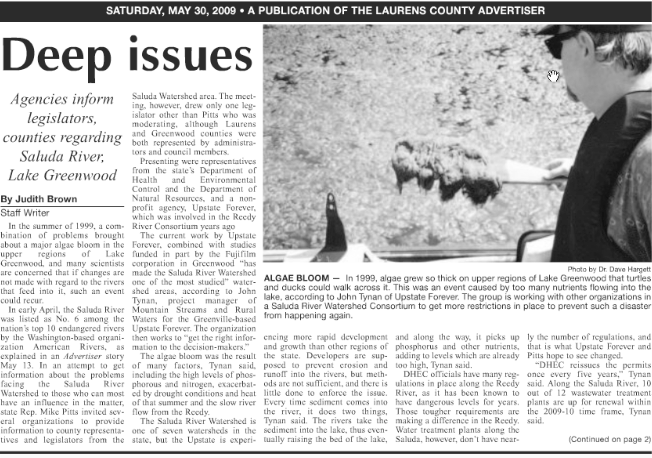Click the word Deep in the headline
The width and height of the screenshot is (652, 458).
[57, 55]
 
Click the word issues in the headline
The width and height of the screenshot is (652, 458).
[191, 55]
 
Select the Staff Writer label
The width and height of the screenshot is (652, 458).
[25, 213]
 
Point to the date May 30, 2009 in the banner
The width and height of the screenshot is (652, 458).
[202, 11]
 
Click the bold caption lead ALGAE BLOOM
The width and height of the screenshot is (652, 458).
[297, 278]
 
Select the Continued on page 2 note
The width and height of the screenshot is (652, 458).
[609, 439]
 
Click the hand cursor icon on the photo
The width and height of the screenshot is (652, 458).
[553, 76]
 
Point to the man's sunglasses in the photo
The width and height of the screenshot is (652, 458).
[558, 43]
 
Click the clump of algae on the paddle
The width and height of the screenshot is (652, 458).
[446, 171]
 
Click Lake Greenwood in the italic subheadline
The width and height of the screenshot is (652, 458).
[62, 175]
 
